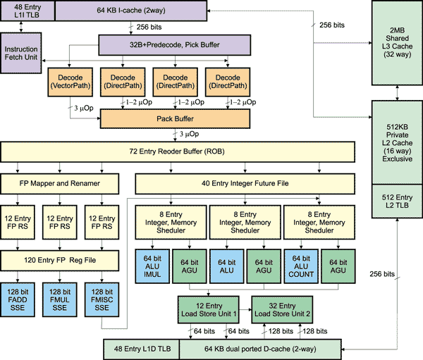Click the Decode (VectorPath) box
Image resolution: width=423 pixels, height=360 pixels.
[x=68, y=82]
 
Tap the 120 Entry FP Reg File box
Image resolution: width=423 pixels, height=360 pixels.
[x=60, y=261]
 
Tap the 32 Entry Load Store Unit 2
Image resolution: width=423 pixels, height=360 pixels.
[x=283, y=308]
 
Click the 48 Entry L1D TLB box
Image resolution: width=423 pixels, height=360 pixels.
[x=142, y=347]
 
